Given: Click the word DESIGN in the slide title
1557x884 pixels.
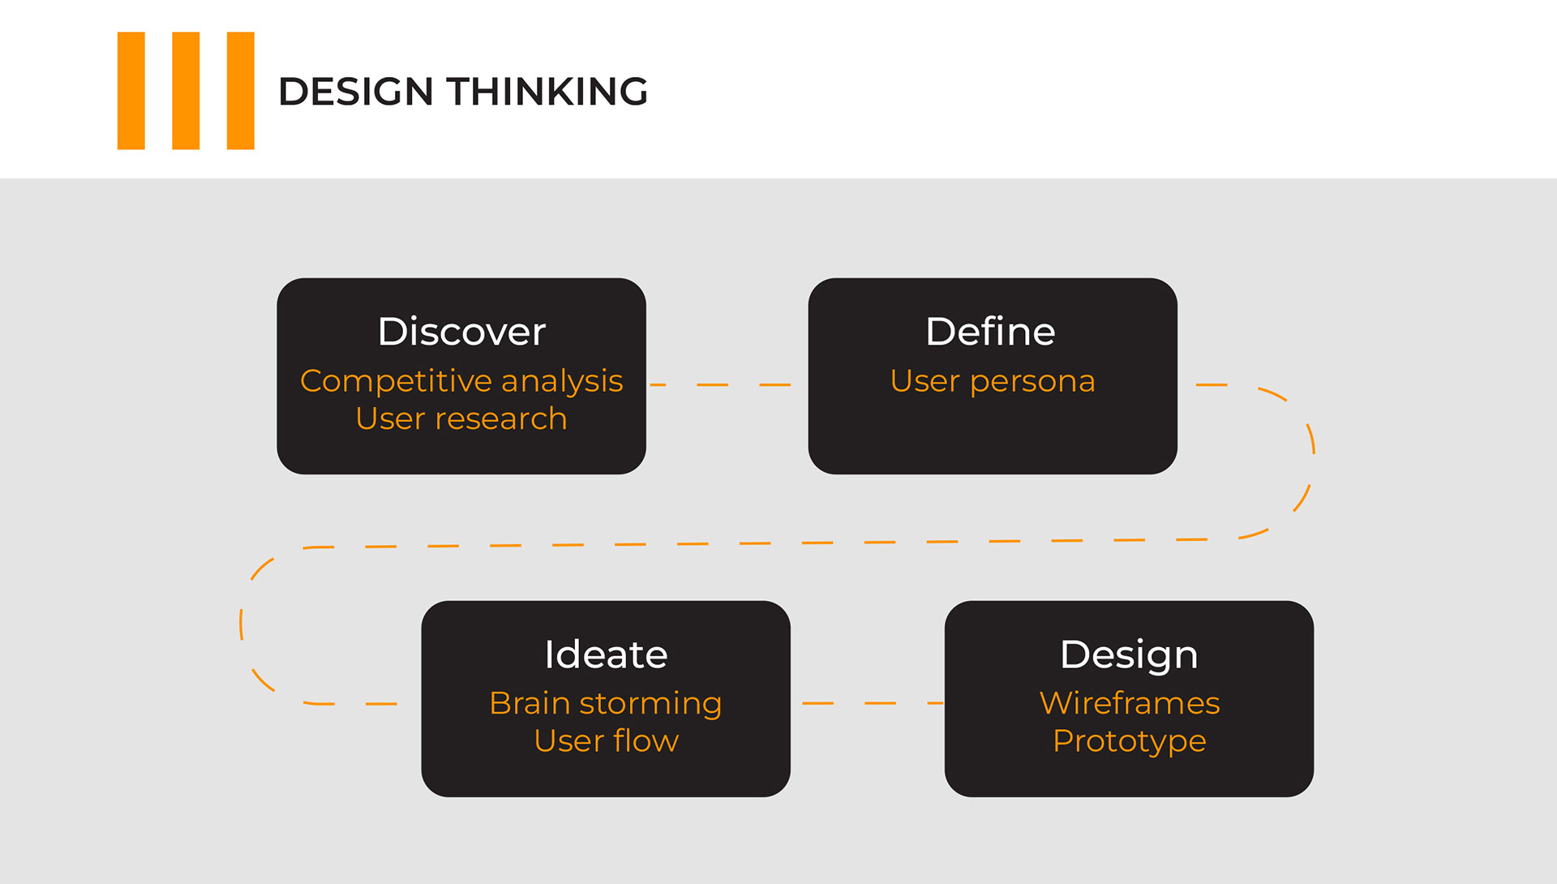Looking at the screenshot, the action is (355, 91).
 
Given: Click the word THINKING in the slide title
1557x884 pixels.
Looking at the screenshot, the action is (547, 91).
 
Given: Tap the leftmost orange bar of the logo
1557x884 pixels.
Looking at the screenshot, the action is (131, 91).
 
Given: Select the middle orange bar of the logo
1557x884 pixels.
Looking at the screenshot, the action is (186, 91).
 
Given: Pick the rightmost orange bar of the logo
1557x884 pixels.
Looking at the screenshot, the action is (241, 91).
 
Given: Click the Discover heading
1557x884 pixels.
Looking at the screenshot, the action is (461, 332).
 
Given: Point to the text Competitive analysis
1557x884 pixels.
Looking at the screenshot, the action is (461, 381).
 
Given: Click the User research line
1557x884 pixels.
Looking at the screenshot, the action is (461, 418).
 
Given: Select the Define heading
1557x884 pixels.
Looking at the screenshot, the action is (991, 332).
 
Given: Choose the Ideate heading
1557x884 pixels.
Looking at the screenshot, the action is (606, 654).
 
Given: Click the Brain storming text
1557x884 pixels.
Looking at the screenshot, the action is (606, 704).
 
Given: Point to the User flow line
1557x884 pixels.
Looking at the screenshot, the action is (607, 740).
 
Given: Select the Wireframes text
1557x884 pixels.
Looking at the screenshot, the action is (1130, 703).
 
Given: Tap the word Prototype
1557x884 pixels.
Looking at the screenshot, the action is (1130, 741).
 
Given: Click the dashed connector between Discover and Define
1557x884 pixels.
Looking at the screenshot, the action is (720, 384).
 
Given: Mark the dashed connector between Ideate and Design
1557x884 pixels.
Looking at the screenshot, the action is (873, 703).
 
